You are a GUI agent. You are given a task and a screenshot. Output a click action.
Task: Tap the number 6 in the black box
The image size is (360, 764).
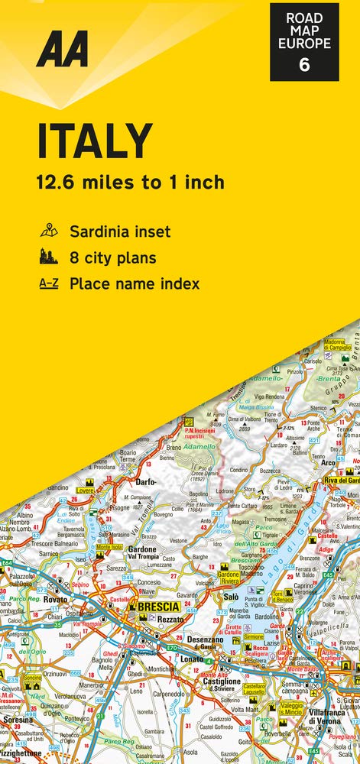pos(304,64)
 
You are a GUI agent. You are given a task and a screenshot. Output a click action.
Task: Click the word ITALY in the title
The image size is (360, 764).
pos(95,143)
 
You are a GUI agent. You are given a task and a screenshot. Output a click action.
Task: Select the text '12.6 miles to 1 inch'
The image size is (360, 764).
pos(130,182)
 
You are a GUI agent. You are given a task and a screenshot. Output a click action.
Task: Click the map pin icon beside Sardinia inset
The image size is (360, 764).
pos(48,231)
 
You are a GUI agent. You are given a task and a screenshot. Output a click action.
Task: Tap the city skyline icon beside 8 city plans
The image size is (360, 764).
pos(48,257)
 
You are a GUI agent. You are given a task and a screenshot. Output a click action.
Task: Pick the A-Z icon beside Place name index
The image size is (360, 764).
pos(48,283)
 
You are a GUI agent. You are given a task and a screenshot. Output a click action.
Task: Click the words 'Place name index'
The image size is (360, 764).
pos(135,283)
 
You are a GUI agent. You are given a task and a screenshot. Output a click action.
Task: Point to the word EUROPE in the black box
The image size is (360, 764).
pos(304,44)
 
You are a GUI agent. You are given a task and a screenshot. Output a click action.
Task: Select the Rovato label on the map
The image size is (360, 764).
pos(56,600)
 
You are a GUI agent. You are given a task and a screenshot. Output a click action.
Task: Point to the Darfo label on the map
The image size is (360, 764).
pos(146,482)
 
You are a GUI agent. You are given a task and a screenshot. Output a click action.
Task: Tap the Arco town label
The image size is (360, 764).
pos(328,462)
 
